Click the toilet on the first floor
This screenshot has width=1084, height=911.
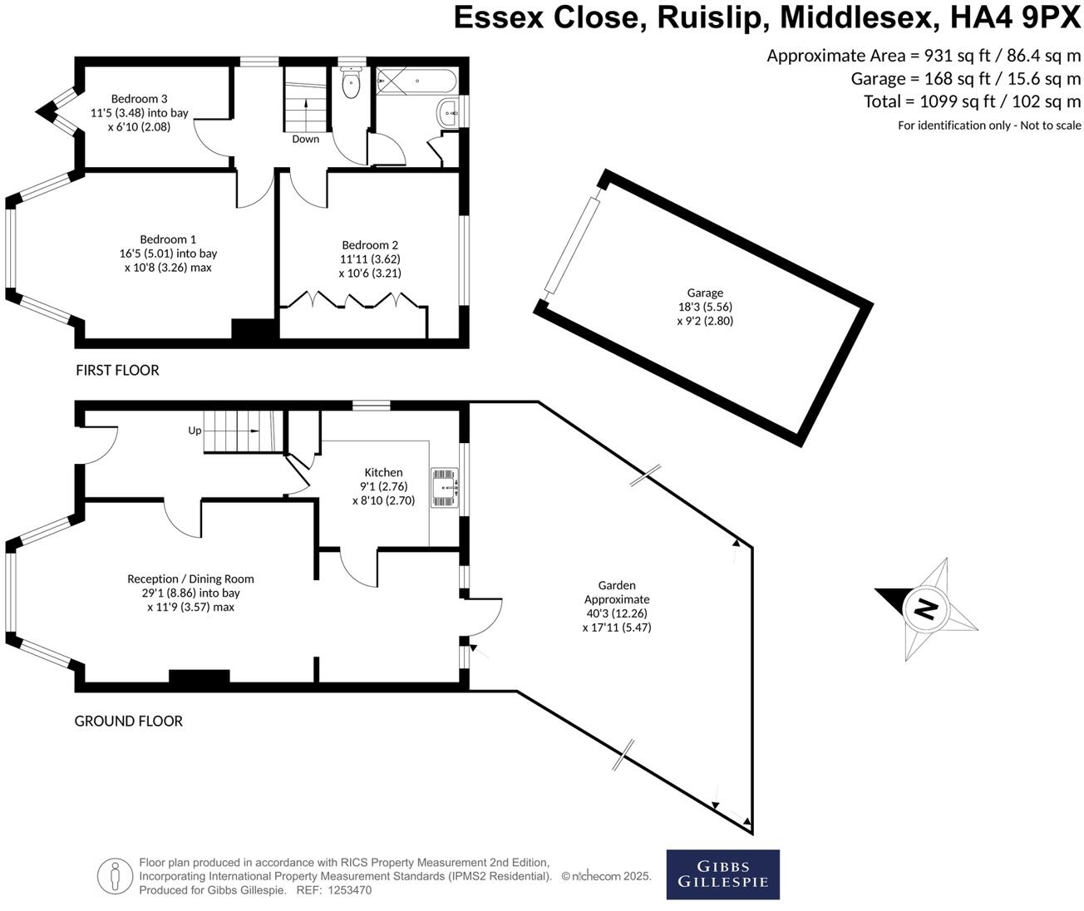click(351, 82)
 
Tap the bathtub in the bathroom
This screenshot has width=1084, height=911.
click(416, 82)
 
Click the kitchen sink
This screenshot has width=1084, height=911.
click(444, 487)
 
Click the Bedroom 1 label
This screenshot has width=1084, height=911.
click(168, 239)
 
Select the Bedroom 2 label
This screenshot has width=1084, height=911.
click(370, 244)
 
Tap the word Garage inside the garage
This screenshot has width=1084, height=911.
click(704, 293)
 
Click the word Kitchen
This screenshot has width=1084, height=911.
click(383, 472)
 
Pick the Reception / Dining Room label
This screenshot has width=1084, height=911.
click(190, 579)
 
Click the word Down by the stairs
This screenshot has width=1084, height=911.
click(305, 139)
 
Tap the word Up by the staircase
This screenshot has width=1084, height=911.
click(195, 431)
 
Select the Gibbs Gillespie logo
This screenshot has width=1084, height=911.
click(722, 874)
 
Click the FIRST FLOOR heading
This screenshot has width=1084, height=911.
click(117, 370)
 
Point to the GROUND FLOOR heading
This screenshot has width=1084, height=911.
click(129, 721)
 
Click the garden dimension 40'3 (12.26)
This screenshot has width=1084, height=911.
click(616, 613)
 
